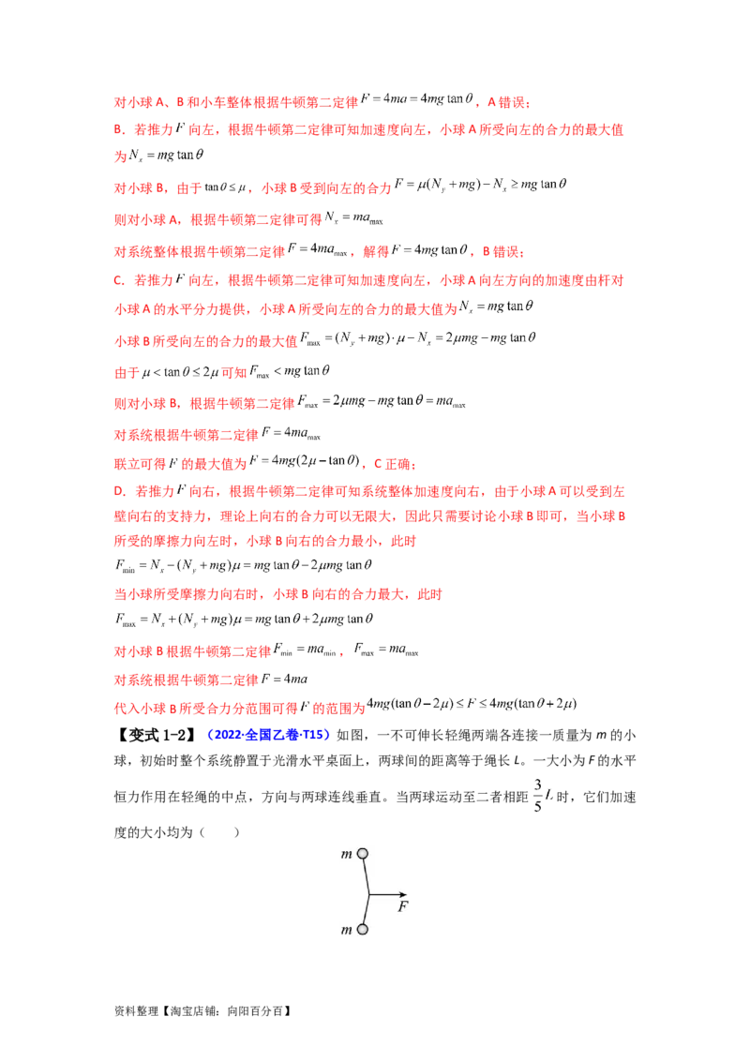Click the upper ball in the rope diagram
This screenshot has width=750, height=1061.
[x=363, y=854]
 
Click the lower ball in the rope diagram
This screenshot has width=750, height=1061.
[x=363, y=930]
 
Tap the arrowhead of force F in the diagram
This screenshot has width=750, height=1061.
[x=402, y=894]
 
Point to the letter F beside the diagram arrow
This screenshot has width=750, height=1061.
[x=403, y=906]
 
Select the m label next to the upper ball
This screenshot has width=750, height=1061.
[x=347, y=855]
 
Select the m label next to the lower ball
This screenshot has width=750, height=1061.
[x=347, y=931]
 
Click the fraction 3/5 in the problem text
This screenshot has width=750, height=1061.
[x=538, y=795]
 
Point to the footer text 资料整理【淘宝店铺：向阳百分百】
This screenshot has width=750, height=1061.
[x=202, y=1011]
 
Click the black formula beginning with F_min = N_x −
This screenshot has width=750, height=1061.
[x=243, y=565]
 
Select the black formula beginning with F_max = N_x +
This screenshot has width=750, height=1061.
[x=244, y=620]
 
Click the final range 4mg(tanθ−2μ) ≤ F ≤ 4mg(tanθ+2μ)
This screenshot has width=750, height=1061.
[x=472, y=705]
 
